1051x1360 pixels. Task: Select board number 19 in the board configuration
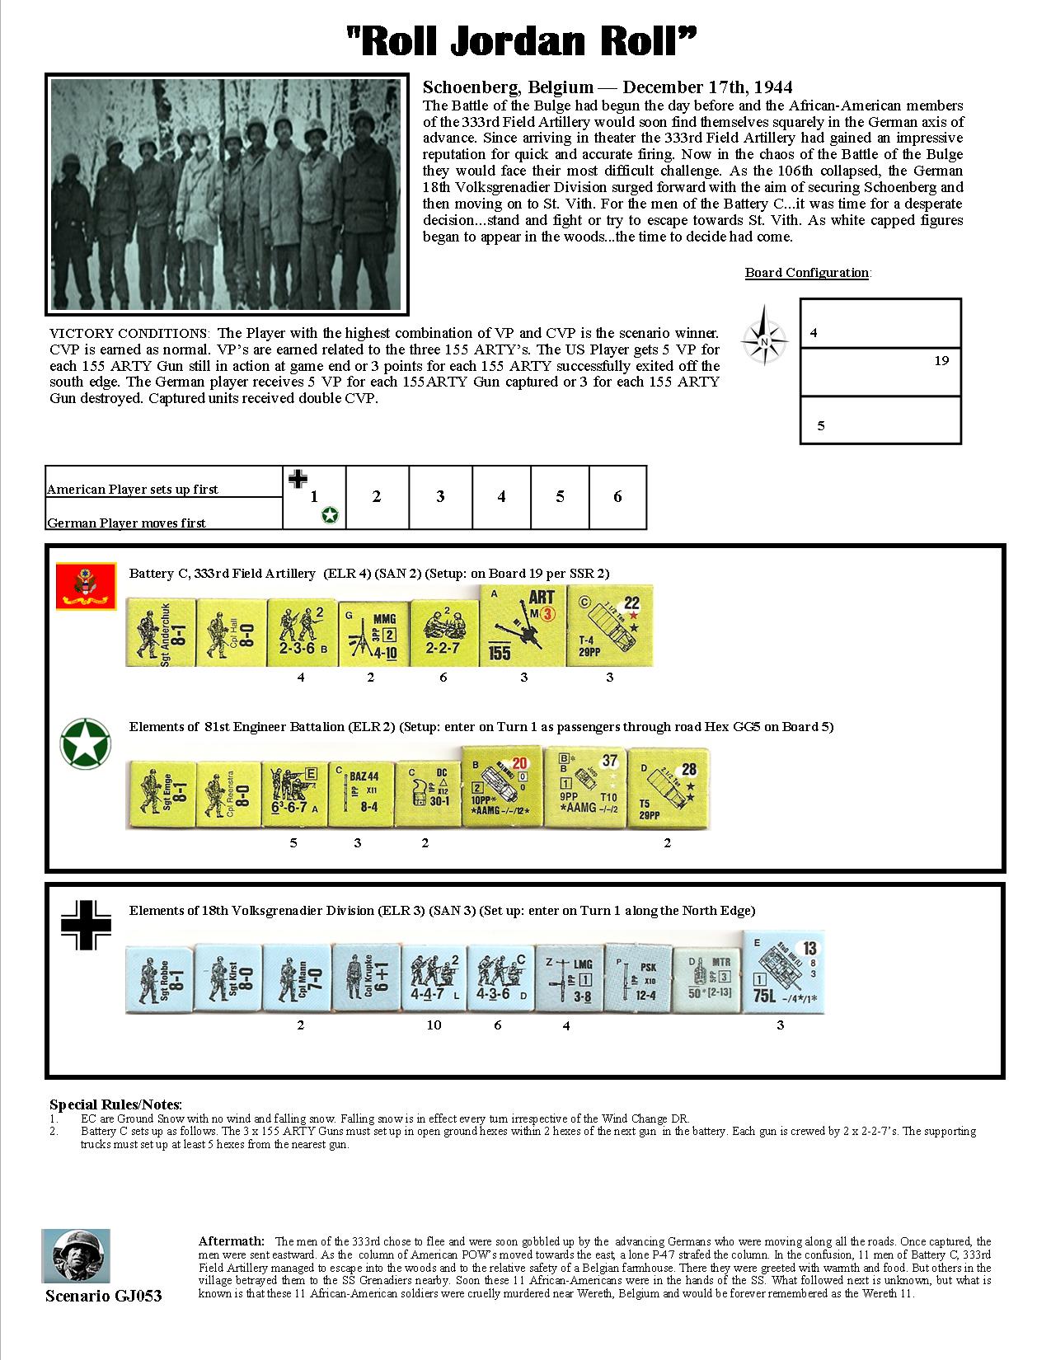pyautogui.click(x=941, y=360)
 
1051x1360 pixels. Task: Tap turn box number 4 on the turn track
pyautogui.click(x=501, y=497)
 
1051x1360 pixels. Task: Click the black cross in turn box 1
pyautogui.click(x=298, y=478)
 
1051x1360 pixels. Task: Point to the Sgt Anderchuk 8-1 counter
pyautogui.click(x=161, y=632)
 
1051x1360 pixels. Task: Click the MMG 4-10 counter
pyautogui.click(x=370, y=632)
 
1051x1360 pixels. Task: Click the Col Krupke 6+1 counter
pyautogui.click(x=364, y=978)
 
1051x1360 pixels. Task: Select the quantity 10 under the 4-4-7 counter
pyautogui.click(x=434, y=1025)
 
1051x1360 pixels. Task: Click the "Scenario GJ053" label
pyautogui.click(x=103, y=1297)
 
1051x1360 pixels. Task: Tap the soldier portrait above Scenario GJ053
pyautogui.click(x=76, y=1255)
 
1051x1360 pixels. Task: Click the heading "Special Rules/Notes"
pyautogui.click(x=115, y=1104)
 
